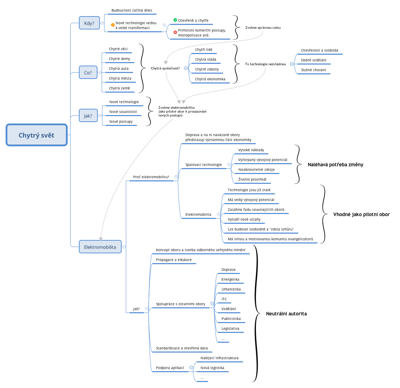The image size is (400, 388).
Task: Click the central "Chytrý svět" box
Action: pos(36,135)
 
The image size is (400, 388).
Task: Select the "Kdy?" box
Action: pos(89,23)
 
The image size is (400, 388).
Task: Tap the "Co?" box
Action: pos(88,73)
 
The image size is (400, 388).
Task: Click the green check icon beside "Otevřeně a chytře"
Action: pos(175,20)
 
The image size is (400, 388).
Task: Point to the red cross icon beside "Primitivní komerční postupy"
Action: pos(175,32)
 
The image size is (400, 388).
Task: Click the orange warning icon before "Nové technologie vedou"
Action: pos(113,25)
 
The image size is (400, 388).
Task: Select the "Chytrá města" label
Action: pos(120,79)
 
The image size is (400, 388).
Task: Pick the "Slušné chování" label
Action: pos(313,70)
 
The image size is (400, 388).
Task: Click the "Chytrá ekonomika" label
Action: pos(210,79)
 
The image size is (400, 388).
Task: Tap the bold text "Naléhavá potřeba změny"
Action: pos(335,165)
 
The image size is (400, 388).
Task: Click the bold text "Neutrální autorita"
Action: pos(286,314)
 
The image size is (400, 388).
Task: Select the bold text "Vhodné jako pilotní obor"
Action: pos(361,214)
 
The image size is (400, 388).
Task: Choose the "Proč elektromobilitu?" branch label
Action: pos(151,177)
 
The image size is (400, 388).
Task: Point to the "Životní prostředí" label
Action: pos(252,180)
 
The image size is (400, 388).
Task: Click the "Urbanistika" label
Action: pos(231,289)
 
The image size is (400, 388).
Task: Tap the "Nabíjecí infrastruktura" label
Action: pos(219,358)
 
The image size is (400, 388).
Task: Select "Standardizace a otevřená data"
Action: pos(182,348)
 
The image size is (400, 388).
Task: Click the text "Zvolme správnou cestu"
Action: pos(263,28)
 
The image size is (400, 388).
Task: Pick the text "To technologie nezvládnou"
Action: pos(265,64)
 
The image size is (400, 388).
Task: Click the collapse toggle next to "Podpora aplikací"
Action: pos(191,368)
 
